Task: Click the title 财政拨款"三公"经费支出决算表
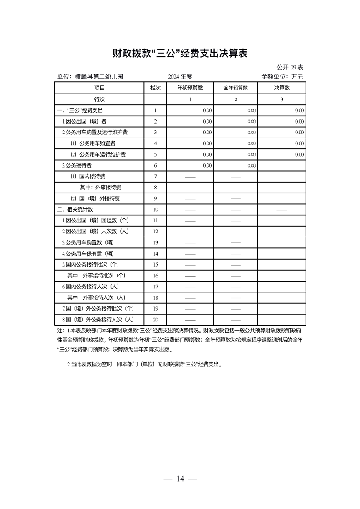(x=180, y=54)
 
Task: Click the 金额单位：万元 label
(x=282, y=77)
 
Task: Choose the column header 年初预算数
(x=190, y=88)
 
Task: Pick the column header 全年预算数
(x=236, y=88)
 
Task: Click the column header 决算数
(x=281, y=88)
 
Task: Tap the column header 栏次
(x=155, y=88)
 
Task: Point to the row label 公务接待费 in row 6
(x=77, y=166)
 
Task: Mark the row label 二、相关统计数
(x=75, y=210)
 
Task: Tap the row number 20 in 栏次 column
(x=155, y=320)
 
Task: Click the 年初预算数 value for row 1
(x=207, y=110)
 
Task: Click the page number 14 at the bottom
(x=180, y=479)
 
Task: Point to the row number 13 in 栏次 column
(x=155, y=243)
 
